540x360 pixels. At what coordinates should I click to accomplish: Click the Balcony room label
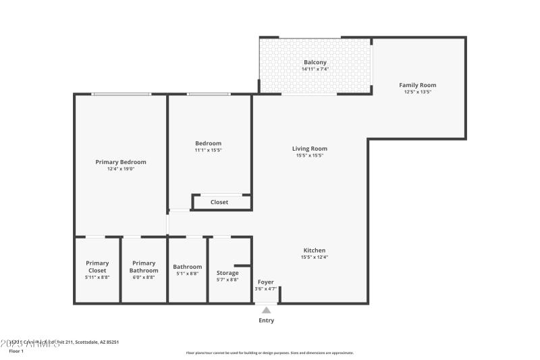coord(315,62)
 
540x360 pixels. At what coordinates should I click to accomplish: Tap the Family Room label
coord(417,85)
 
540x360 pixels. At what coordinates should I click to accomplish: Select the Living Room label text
coord(309,149)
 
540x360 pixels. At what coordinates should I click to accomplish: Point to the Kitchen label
coord(315,250)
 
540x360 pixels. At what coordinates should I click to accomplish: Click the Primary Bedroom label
coord(121,162)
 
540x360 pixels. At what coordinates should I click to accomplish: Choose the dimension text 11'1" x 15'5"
coord(208,150)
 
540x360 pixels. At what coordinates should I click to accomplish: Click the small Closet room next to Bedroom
coord(219,202)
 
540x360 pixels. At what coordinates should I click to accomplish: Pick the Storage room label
coord(227,273)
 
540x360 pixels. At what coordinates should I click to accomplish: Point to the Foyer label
coord(266,282)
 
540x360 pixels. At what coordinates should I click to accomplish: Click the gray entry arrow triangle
coord(267,311)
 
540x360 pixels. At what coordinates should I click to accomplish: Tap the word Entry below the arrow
coord(267,321)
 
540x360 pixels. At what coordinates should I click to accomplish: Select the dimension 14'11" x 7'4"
coord(315,69)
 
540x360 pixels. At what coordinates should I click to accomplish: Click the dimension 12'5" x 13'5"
coord(417,92)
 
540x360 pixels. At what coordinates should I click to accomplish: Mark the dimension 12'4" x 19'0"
coord(121,169)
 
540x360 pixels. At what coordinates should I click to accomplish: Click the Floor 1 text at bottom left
coord(16,351)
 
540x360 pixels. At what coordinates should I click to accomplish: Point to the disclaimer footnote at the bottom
coord(269,353)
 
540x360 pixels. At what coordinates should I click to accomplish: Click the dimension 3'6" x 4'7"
coord(266,288)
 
